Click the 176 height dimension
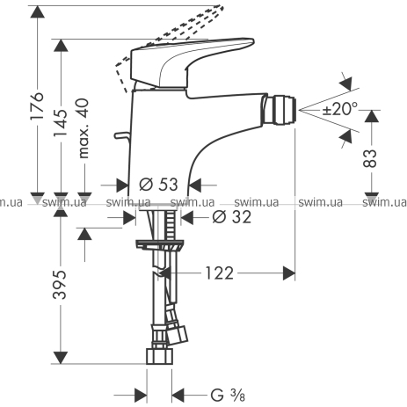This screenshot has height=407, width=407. [38, 105]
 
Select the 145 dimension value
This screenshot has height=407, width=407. [61, 123]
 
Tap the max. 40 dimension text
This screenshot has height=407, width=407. [84, 128]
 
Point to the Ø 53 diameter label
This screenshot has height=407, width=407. [158, 185]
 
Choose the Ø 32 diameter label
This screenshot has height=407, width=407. [232, 217]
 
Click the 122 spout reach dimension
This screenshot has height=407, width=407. [219, 273]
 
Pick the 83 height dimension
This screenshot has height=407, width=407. [370, 158]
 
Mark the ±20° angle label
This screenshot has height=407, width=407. [339, 109]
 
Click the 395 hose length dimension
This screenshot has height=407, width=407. [60, 285]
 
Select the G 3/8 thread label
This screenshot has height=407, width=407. [228, 395]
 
